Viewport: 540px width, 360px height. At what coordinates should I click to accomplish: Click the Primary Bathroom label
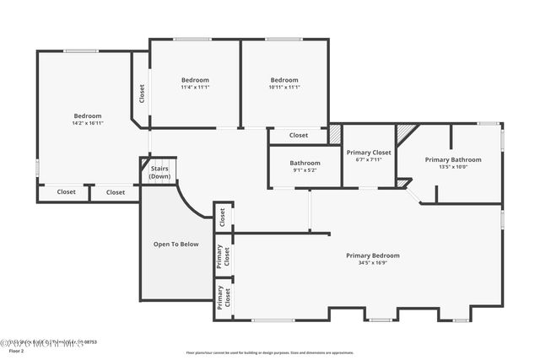coord(453,159)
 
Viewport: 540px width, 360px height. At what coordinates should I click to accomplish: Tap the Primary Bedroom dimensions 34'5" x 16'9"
coord(372,263)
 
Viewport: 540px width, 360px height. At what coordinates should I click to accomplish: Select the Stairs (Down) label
coord(159,173)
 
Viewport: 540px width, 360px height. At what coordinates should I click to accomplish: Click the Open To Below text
coord(175,244)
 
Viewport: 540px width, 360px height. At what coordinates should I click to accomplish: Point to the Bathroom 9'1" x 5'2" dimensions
coord(305,170)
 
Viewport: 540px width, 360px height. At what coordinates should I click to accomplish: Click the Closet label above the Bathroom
coord(299,135)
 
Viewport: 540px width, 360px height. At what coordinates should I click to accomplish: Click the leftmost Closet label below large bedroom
coord(66,192)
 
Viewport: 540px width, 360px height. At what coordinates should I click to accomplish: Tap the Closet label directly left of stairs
coord(116,192)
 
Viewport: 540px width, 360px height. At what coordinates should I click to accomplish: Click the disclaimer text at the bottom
coord(268,352)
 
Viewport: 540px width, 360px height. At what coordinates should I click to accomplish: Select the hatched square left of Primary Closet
coord(334,133)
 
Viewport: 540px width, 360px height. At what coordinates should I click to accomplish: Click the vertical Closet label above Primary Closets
coord(223,217)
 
